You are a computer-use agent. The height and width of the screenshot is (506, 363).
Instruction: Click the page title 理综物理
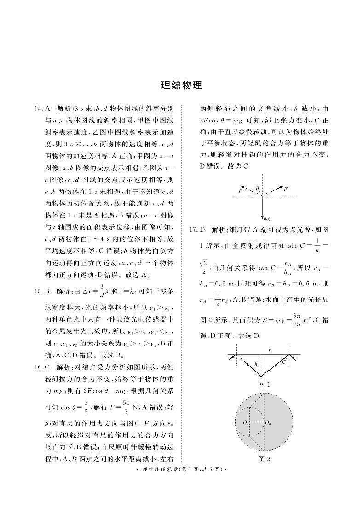click(181, 86)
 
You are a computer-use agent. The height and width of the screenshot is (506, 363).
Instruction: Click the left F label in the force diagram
click(240, 190)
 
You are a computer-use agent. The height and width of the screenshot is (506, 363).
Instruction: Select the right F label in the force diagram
click(285, 189)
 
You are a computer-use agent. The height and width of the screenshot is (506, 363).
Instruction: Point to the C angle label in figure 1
click(284, 362)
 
